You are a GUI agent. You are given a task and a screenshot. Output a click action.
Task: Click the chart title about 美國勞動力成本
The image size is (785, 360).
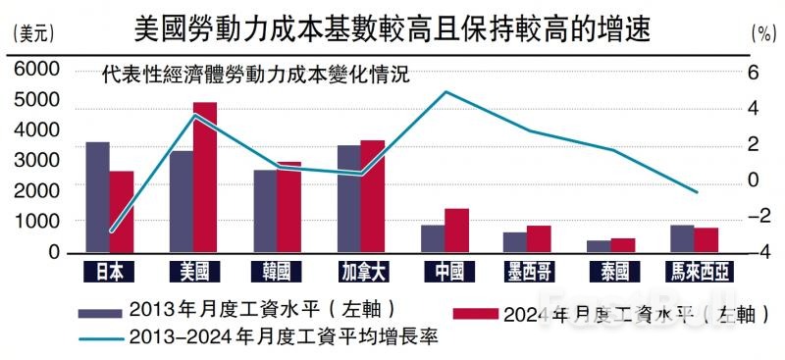point(392,26)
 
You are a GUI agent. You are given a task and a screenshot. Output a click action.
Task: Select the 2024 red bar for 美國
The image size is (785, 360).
point(204,178)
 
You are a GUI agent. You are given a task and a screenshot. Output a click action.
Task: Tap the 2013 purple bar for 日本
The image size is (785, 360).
point(97,197)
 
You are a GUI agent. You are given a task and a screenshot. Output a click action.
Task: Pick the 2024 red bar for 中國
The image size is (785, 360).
point(456,231)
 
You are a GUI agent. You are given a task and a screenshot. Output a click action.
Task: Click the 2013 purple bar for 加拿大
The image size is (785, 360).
point(349,199)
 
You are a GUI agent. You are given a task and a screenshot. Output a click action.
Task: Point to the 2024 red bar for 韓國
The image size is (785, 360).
point(288,207)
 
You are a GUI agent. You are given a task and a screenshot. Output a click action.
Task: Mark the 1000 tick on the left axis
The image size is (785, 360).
point(37,223)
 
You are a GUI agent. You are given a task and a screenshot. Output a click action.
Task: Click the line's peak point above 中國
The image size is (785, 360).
point(445,92)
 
